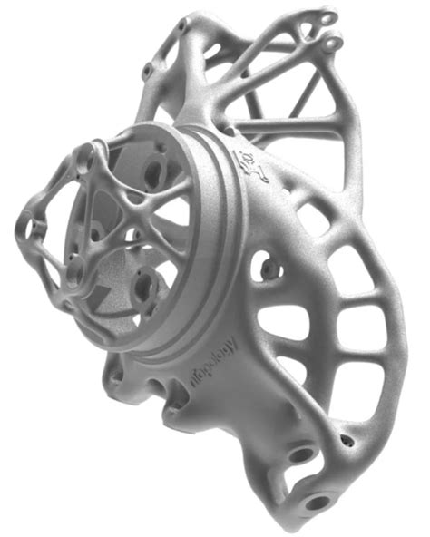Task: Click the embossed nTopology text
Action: (212, 362)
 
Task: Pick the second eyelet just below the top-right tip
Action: (331, 43)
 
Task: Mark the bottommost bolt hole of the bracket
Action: (318, 500)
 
